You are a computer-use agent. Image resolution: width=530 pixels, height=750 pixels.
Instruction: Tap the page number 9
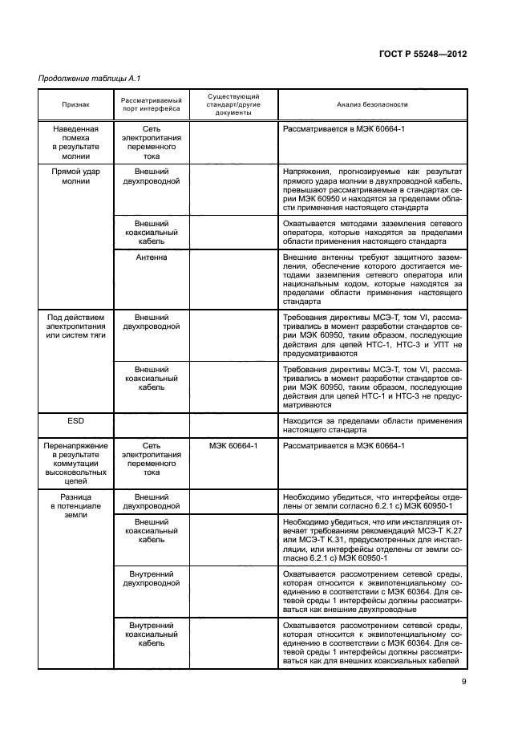tap(464, 683)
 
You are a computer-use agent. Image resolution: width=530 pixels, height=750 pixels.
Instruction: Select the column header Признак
tap(76, 104)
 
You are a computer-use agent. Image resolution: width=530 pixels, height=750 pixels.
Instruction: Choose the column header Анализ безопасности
tap(372, 104)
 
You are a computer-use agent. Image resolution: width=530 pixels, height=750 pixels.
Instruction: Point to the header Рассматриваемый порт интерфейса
tap(151, 104)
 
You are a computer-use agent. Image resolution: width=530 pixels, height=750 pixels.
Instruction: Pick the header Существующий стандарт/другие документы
tap(233, 104)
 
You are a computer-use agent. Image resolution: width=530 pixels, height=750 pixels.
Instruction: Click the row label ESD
tap(76, 420)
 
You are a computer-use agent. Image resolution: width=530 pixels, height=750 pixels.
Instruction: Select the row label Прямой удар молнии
tap(76, 176)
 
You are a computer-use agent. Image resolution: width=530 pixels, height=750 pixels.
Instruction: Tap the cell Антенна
tap(151, 257)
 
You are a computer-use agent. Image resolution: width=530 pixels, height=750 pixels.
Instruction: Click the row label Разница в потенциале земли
tap(76, 508)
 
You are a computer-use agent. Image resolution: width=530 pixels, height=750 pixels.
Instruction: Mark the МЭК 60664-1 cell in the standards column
tap(233, 445)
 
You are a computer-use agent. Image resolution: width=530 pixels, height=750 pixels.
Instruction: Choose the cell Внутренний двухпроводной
tap(151, 578)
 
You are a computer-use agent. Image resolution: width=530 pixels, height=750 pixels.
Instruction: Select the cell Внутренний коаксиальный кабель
tap(151, 632)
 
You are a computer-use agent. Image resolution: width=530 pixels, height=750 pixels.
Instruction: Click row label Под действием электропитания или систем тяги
tap(76, 327)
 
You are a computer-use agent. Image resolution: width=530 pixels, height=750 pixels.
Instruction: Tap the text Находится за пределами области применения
tap(372, 424)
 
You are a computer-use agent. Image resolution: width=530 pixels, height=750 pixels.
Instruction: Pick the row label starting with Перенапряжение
tap(76, 464)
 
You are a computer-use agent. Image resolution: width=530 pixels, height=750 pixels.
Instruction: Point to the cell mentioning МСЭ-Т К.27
tap(372, 541)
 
